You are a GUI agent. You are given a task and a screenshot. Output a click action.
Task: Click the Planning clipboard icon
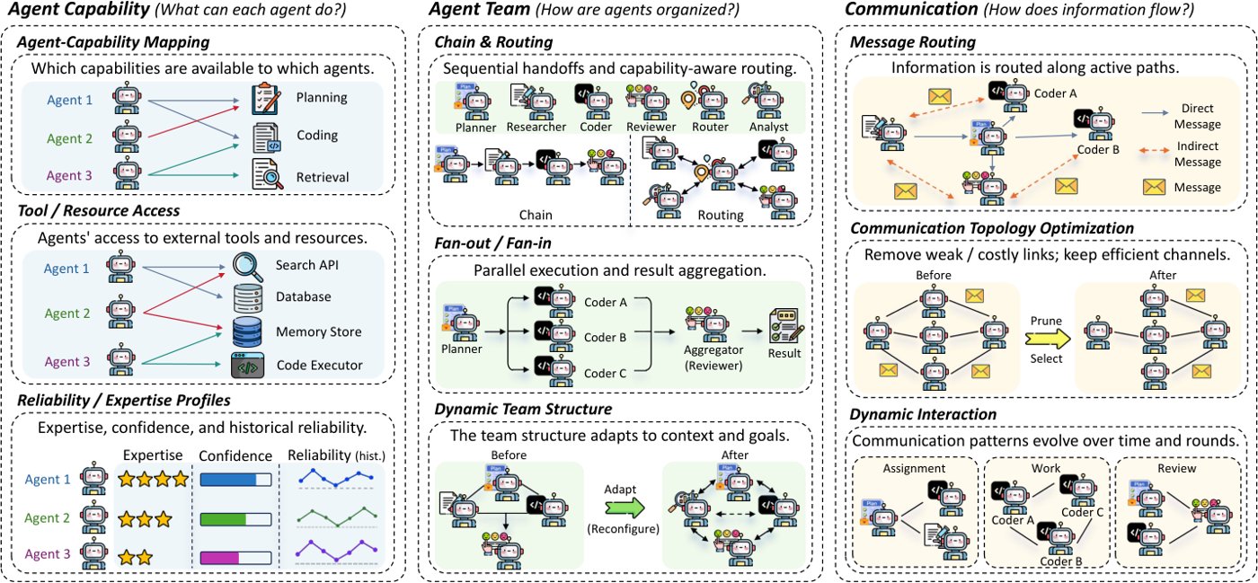point(266,98)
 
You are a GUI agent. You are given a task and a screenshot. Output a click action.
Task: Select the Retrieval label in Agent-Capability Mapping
point(323,177)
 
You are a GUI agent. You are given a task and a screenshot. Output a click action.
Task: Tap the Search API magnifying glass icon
point(248,267)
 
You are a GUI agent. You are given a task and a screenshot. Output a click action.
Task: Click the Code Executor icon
point(247,366)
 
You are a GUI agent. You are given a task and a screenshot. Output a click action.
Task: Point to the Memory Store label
point(318,332)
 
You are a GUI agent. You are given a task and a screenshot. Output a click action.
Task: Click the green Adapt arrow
point(625,508)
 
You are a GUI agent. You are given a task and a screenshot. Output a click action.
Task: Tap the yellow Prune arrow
point(1047,340)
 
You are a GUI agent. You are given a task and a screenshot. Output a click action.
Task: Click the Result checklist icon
point(786,325)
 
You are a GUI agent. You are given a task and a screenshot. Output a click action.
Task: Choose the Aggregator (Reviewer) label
point(713,358)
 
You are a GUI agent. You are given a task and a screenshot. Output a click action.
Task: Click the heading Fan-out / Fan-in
point(492,243)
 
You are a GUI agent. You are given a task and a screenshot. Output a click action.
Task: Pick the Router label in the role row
point(710,127)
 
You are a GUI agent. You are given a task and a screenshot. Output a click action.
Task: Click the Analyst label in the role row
point(768,127)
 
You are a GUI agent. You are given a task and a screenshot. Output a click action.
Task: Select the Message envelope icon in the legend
point(1154,187)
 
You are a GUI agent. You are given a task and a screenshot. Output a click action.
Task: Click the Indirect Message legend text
point(1197,154)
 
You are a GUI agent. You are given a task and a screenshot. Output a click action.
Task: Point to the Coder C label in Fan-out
point(605,374)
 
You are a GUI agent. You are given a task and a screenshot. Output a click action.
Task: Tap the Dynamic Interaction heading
point(923,414)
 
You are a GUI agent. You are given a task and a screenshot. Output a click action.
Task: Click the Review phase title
point(1176,468)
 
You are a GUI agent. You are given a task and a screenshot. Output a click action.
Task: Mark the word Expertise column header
point(153,455)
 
